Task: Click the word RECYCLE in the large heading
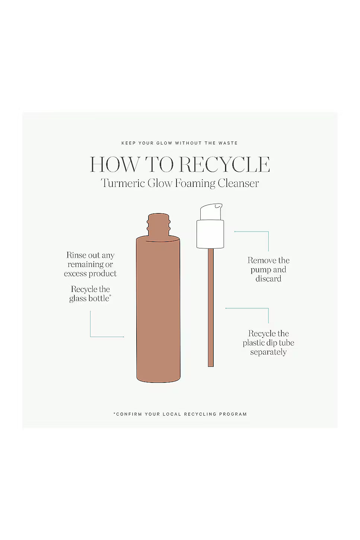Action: [225, 164]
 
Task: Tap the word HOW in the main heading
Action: [114, 164]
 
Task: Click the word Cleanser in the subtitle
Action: [238, 183]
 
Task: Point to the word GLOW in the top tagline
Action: [164, 143]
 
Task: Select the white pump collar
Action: [210, 234]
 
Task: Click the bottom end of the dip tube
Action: [211, 366]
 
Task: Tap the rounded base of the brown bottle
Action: [158, 378]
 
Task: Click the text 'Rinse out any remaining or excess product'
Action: [90, 264]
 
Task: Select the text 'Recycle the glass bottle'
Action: [90, 293]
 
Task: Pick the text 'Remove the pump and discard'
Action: [268, 269]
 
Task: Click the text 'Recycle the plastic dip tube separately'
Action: [268, 343]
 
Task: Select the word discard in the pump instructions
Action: [268, 279]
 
